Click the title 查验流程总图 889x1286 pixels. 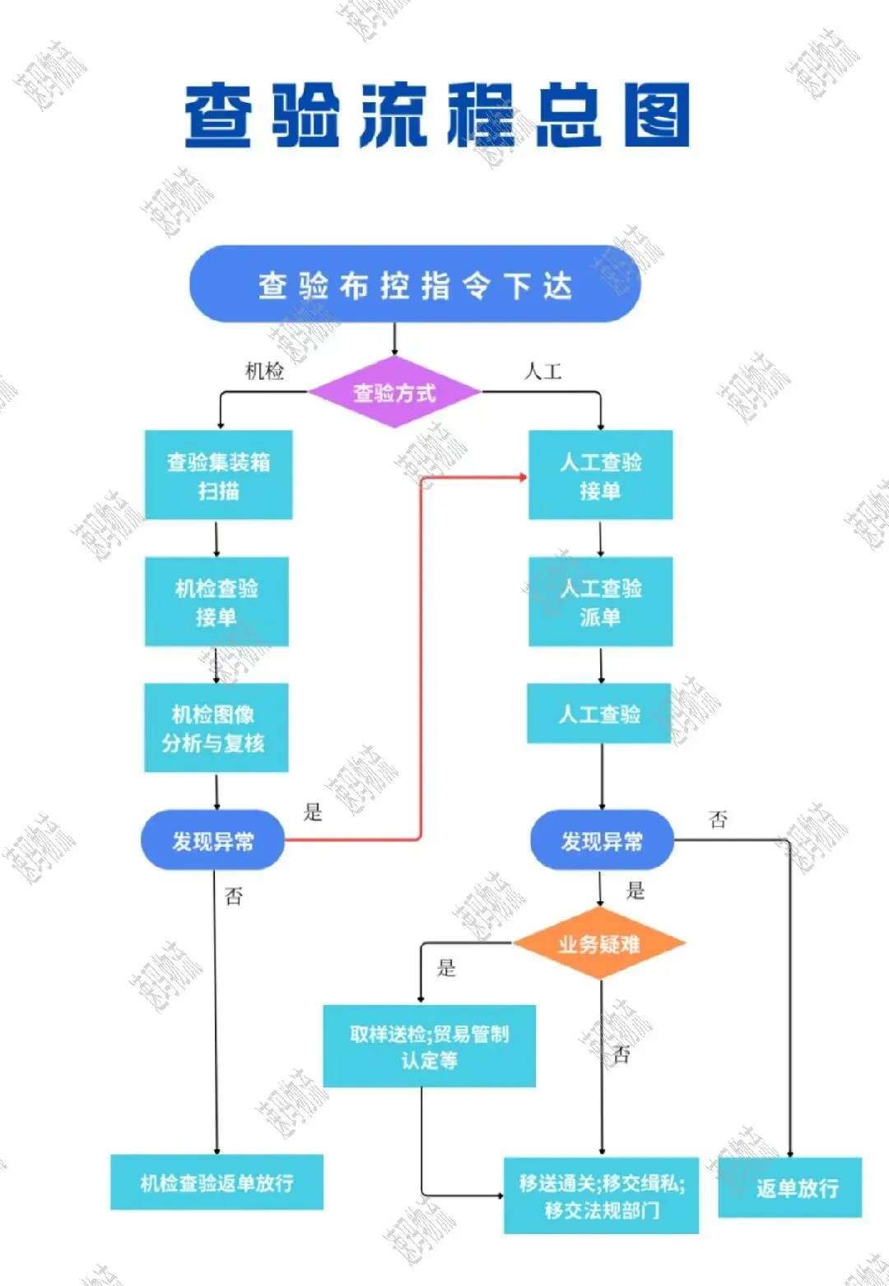point(436,115)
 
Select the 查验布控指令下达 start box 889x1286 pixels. point(415,285)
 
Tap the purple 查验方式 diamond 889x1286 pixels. point(394,393)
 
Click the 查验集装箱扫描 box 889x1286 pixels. point(218,475)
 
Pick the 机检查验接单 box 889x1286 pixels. point(216,602)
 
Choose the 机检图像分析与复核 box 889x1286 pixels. point(216,728)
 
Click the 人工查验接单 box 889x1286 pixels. point(600,475)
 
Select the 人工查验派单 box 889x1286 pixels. point(600,602)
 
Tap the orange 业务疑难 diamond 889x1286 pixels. point(599,944)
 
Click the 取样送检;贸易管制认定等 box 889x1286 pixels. point(429,1046)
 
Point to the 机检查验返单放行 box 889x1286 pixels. point(216,1183)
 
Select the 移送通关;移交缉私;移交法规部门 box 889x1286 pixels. point(601,1196)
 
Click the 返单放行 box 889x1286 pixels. point(790,1188)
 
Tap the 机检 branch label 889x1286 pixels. point(264,372)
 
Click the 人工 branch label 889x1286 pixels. point(543,372)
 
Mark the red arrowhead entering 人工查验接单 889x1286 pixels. point(522,476)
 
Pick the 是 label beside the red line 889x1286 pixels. point(313,812)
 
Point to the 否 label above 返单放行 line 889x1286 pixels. point(718,819)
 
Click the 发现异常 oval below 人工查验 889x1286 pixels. point(602,841)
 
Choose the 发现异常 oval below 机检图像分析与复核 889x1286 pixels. point(212,841)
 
